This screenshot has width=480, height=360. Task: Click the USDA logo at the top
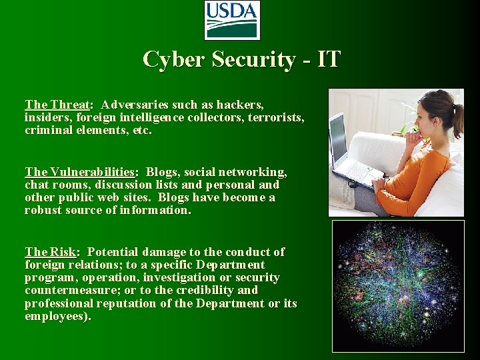(x=231, y=20)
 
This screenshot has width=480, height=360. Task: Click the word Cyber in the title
(x=175, y=59)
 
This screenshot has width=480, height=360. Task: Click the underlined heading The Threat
(x=57, y=105)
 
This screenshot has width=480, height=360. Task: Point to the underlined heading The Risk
(x=51, y=252)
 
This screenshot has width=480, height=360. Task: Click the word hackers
(x=239, y=105)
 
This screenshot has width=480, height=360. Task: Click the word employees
(x=55, y=316)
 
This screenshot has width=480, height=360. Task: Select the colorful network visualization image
(x=398, y=287)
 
